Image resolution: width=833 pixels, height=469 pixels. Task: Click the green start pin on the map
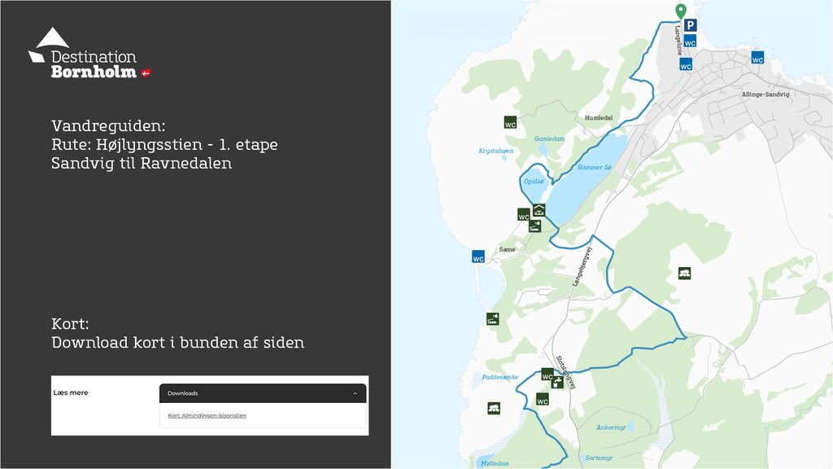(x=681, y=11)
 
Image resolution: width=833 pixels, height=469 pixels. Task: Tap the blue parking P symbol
(x=690, y=26)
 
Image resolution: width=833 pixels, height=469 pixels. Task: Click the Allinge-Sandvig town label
(x=765, y=94)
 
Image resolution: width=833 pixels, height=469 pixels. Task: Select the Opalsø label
(x=533, y=181)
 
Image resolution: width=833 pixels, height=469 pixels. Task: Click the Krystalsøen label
(x=495, y=151)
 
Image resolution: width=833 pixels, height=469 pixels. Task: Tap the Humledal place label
(x=598, y=118)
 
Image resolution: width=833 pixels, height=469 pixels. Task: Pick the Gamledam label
(x=549, y=138)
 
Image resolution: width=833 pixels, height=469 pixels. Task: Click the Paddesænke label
(x=499, y=377)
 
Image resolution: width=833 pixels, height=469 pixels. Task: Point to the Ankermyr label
(x=611, y=427)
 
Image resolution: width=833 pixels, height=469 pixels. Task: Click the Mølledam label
(x=495, y=463)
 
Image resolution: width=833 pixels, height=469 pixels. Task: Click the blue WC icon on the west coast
(x=478, y=256)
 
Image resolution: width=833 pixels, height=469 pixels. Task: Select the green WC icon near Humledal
(x=510, y=123)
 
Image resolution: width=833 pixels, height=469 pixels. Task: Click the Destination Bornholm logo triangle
(x=52, y=38)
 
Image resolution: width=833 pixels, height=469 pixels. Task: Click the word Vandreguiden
(x=108, y=126)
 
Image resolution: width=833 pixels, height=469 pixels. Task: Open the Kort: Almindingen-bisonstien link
(x=207, y=415)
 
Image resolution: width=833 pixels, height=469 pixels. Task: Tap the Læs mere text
(x=71, y=392)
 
